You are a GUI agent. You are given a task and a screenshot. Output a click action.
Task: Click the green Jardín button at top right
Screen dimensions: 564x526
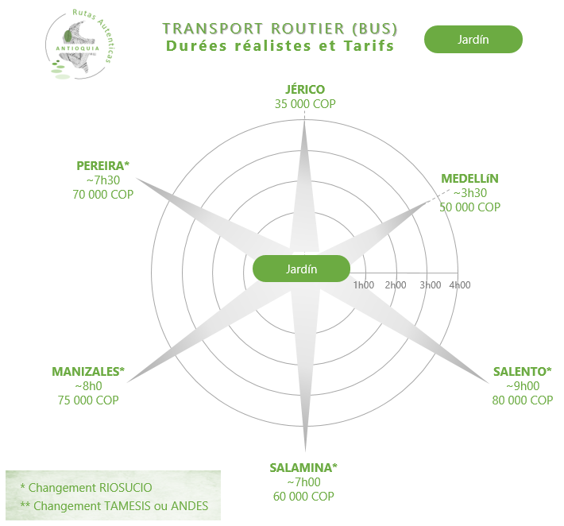point(473,39)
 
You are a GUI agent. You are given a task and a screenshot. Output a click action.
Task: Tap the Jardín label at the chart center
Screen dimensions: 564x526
point(301,269)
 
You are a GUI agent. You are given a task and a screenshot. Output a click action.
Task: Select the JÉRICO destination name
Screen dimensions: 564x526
point(305,90)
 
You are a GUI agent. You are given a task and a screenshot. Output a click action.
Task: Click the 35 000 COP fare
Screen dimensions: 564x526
point(305,104)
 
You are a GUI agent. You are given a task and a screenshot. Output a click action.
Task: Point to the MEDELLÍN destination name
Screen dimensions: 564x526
point(470,178)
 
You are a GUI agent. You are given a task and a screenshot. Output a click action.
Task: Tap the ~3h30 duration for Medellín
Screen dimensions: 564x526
point(469,192)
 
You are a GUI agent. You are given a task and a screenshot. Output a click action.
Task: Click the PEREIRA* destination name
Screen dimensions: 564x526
point(103,165)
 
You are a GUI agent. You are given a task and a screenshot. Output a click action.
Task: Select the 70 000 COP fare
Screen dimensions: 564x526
point(103,194)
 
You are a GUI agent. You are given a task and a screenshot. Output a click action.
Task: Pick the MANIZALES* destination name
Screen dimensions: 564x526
point(89,371)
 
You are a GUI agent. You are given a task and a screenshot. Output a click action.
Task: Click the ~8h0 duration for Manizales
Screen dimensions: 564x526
point(89,385)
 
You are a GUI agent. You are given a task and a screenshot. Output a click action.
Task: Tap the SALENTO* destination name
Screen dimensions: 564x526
point(522,371)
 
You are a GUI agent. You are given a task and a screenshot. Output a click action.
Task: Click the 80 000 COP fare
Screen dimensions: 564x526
point(522,400)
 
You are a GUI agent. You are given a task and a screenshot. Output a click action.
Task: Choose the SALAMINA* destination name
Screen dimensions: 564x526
point(303,467)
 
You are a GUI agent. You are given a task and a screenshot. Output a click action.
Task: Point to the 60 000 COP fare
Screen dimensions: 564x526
point(303,496)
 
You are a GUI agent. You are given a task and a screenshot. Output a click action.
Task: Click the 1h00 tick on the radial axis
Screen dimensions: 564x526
point(363,285)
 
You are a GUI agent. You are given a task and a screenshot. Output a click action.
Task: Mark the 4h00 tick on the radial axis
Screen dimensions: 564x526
point(459,285)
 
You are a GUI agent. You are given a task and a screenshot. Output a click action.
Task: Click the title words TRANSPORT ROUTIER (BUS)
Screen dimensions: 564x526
point(280,29)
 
